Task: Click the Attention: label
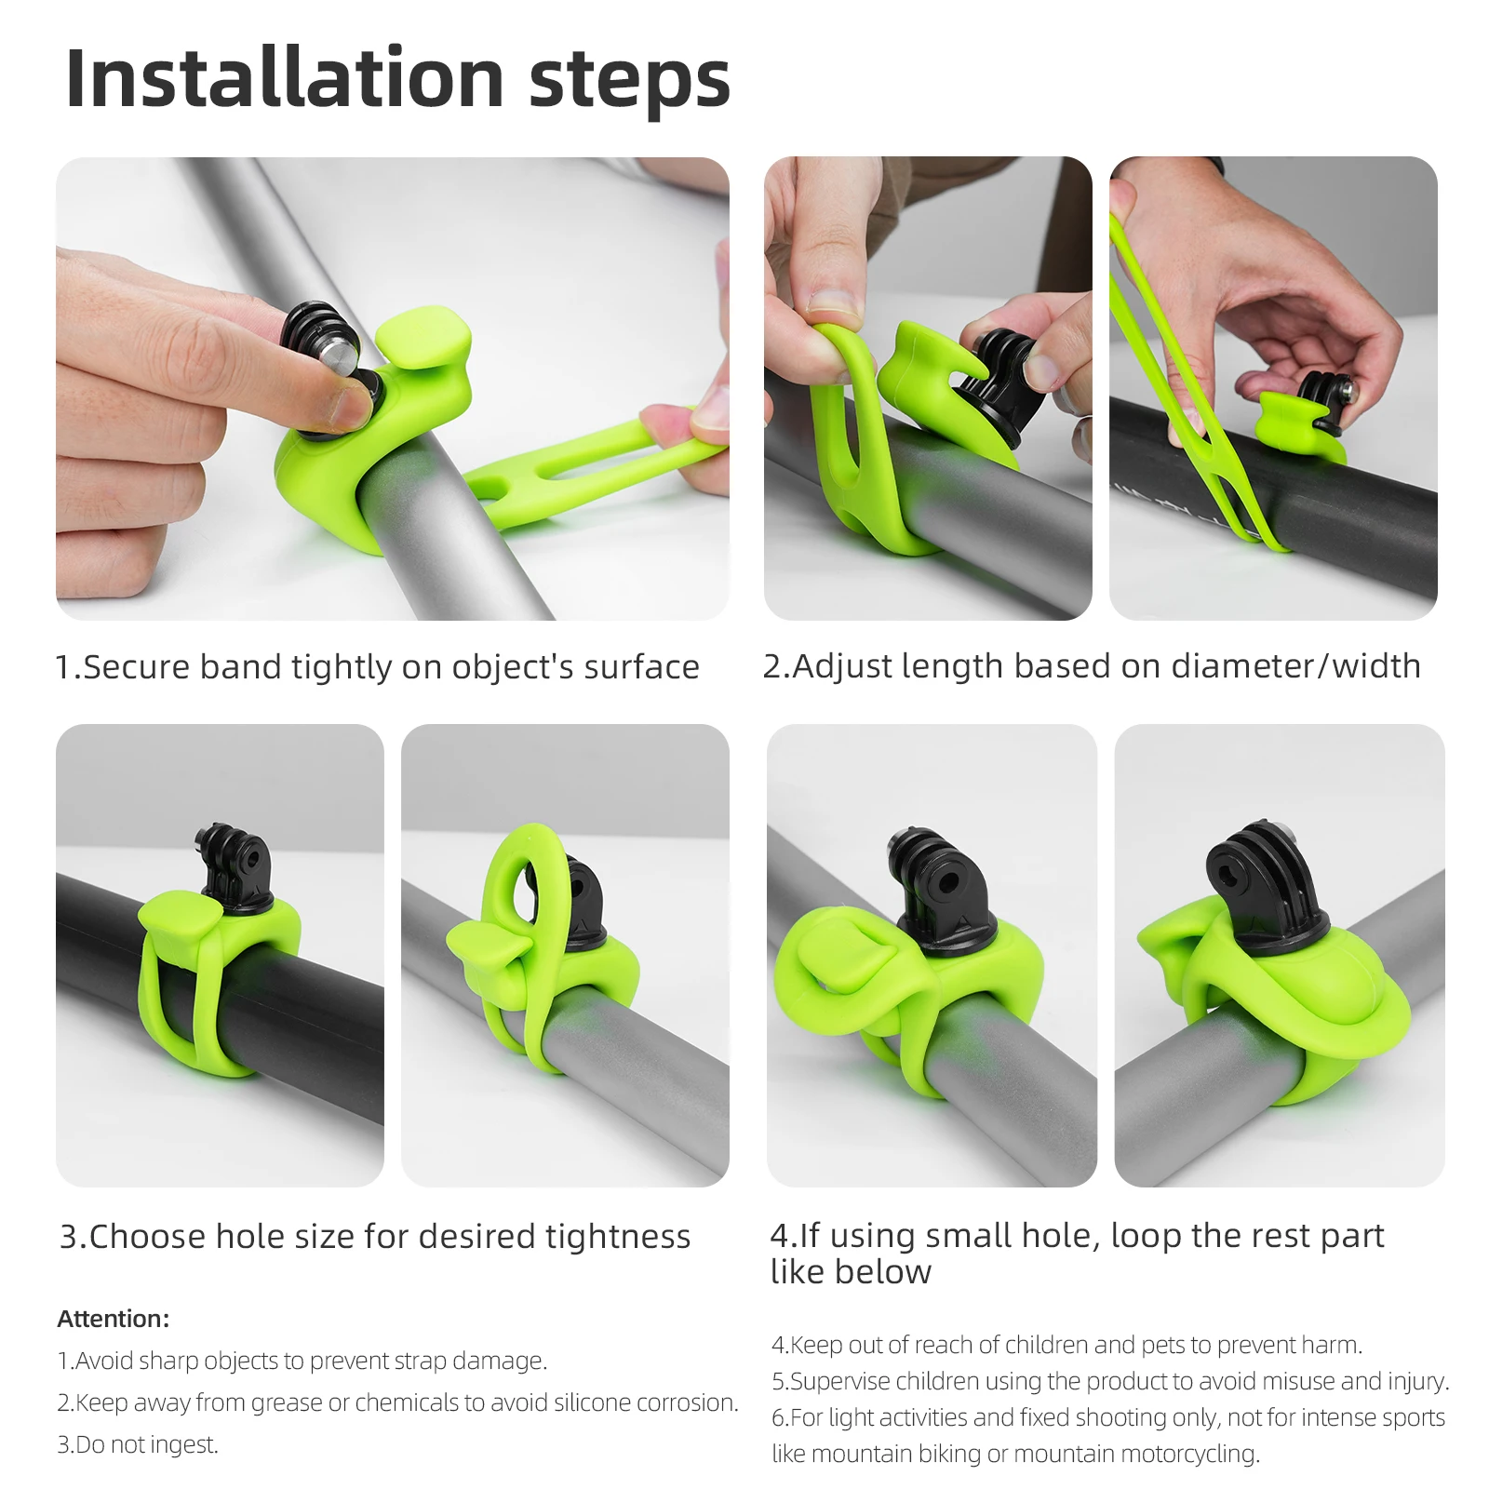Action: [x=114, y=1319]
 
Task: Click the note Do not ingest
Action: [x=138, y=1444]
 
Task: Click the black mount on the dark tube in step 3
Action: [x=234, y=865]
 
